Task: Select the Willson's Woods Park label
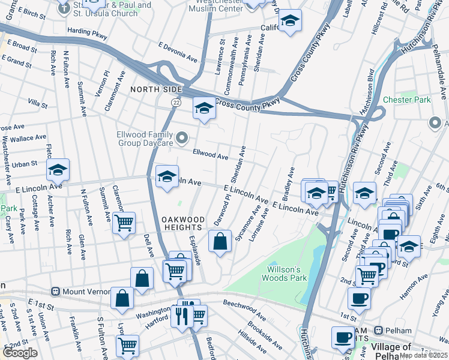[284, 274]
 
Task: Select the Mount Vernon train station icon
[55, 292]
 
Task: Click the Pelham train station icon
[379, 331]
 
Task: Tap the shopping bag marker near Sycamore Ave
[220, 241]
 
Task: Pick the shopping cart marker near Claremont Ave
[124, 223]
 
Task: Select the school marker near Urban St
[58, 170]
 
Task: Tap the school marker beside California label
[290, 21]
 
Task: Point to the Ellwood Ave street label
[210, 155]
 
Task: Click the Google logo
[20, 353]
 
